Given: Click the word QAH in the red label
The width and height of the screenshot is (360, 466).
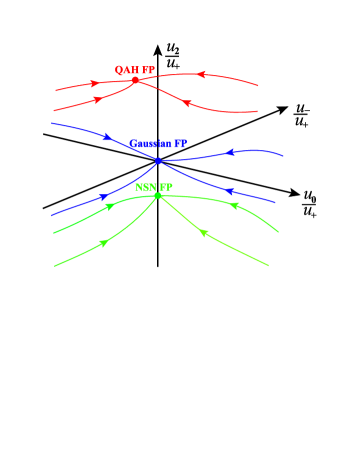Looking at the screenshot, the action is coord(127,70).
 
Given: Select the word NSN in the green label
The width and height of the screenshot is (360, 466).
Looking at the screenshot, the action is coord(145,187).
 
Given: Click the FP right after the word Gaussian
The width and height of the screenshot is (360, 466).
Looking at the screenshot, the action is coord(181,144).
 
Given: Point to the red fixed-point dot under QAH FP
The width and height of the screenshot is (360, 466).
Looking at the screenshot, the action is coord(136,80).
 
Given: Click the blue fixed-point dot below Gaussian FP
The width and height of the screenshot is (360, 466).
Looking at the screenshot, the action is coord(158,160).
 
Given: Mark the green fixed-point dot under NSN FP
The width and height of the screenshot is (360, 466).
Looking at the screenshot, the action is coord(157,195).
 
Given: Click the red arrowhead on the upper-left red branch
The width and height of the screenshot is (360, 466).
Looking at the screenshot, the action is coord(95,83).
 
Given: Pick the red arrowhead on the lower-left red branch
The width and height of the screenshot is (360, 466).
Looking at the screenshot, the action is coord(97,99).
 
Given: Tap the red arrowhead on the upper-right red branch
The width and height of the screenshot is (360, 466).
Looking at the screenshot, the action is coord(201,74).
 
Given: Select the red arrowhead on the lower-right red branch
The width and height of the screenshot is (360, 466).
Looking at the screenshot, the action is coord(186,103).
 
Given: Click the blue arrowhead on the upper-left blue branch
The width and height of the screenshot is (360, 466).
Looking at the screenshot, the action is coord(107,136).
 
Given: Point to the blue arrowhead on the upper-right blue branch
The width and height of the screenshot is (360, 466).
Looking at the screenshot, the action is coord(231,153).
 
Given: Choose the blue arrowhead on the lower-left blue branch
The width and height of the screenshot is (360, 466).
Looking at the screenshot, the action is coord(103,196).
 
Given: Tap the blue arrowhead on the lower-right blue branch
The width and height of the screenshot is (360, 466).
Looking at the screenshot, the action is coord(229,190).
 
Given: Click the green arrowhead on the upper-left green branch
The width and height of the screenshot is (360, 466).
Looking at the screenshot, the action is coord(109,208).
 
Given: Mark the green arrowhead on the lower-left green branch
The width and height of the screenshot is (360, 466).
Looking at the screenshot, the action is coord(104,243).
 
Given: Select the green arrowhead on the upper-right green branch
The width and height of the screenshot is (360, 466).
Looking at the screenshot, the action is coord(235,206).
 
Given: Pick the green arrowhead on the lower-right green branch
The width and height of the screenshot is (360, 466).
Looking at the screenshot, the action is coord(204,234).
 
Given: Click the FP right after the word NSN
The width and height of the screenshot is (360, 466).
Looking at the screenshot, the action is coord(166,187).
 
